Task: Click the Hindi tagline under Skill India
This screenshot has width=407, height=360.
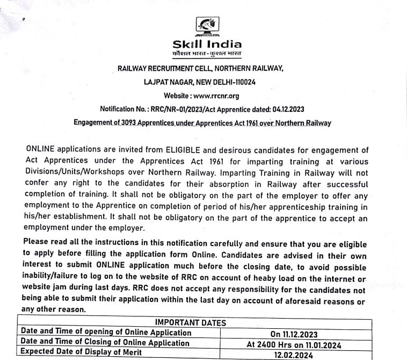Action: coord(207,55)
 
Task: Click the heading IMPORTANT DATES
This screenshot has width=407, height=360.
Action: coord(190,322)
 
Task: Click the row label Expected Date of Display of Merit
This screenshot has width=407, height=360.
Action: coord(81,352)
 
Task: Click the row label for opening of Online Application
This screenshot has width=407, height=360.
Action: coord(105,332)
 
